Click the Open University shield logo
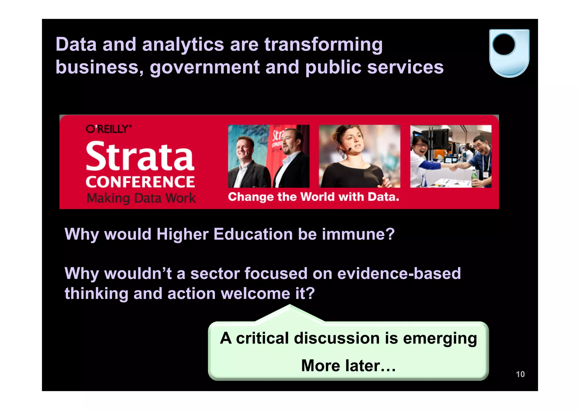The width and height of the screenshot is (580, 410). click(509, 53)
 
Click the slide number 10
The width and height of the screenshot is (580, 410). click(520, 374)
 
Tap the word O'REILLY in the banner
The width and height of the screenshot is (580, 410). click(108, 129)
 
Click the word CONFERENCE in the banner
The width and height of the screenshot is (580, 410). click(140, 182)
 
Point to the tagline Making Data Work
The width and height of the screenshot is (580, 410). click(141, 198)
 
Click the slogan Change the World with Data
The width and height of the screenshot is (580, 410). click(313, 197)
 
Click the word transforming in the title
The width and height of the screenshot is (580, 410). click(323, 45)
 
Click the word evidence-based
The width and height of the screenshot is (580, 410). click(399, 274)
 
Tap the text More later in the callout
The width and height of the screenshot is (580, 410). click(348, 366)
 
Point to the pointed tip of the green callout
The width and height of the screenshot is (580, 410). click(290, 306)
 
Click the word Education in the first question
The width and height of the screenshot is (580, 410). click(253, 234)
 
